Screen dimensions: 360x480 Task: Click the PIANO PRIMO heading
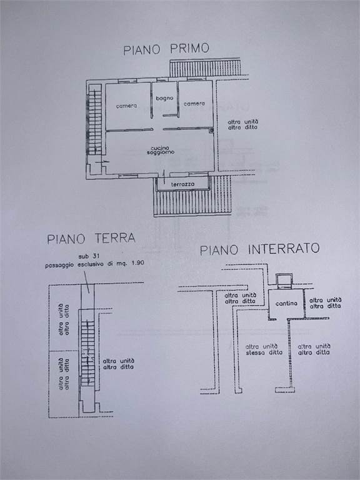tap(166, 49)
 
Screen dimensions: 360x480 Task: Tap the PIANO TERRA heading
tap(91, 238)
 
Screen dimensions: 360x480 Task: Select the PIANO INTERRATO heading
tap(259, 249)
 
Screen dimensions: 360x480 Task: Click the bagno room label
tap(164, 98)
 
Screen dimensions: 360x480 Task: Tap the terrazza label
tap(183, 184)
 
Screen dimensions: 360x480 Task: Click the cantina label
tap(286, 303)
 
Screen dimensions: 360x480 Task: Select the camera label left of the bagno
tap(126, 106)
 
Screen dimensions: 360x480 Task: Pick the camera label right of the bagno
tap(194, 104)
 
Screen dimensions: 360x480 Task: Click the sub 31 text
tap(87, 256)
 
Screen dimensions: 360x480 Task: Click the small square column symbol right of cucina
tap(211, 131)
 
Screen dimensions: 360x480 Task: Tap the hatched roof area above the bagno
tap(205, 68)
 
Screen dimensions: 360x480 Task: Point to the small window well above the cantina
tap(284, 281)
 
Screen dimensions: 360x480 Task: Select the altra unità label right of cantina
tap(325, 300)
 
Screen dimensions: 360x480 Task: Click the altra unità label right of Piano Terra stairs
tap(119, 361)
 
